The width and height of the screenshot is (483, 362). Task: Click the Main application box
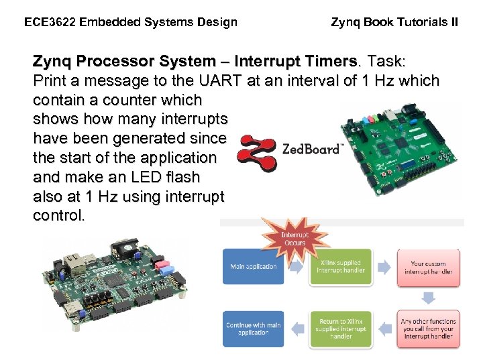253,266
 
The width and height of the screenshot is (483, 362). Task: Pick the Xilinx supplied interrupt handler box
340,266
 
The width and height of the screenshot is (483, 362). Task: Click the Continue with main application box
253,329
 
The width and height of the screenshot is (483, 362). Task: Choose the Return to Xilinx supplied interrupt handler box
340,328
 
